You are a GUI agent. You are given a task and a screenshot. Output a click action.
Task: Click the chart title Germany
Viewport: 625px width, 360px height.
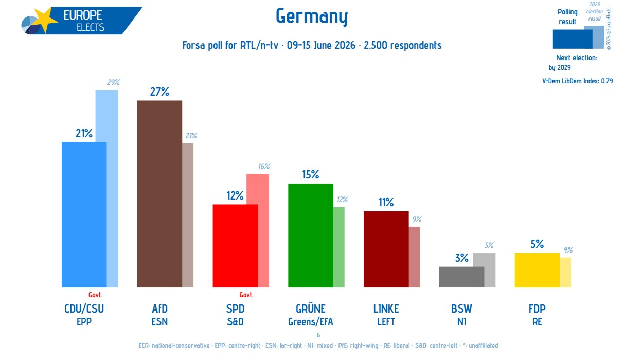pyautogui.click(x=312, y=16)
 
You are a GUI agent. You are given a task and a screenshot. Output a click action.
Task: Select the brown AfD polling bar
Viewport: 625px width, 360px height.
pyautogui.click(x=159, y=194)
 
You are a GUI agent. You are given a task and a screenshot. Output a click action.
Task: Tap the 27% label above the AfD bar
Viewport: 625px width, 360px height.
pyautogui.click(x=159, y=92)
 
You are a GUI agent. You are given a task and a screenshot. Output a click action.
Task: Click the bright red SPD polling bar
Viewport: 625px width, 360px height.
pyautogui.click(x=235, y=246)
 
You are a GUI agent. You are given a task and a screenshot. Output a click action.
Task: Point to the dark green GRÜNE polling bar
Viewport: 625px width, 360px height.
pyautogui.click(x=311, y=236)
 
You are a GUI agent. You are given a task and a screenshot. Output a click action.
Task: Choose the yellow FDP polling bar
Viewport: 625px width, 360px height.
pyautogui.click(x=537, y=270)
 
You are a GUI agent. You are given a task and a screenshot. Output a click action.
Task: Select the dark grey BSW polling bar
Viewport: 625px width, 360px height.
pyautogui.click(x=461, y=277)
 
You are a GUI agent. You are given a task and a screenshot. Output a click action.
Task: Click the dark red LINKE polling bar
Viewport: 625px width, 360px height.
pyautogui.click(x=386, y=249)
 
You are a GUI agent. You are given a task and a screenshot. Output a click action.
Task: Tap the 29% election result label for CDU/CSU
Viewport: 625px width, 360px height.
pyautogui.click(x=113, y=82)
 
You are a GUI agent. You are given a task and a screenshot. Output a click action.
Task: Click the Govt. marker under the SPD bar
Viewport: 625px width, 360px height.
pyautogui.click(x=246, y=295)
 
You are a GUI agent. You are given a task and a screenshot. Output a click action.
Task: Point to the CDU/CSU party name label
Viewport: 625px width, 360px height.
pyautogui.click(x=84, y=309)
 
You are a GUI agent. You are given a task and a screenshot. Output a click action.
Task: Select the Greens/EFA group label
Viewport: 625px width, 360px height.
pyautogui.click(x=311, y=322)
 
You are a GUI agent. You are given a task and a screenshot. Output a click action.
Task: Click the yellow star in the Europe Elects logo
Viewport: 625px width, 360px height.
pyautogui.click(x=45, y=20)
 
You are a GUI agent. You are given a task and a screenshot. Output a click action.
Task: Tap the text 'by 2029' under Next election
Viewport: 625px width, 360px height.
pyautogui.click(x=560, y=68)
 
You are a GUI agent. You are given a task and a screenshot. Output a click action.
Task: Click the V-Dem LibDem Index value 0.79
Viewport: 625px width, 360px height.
pyautogui.click(x=607, y=81)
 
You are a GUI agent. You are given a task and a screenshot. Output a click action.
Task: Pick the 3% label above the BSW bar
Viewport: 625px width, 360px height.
pyautogui.click(x=461, y=258)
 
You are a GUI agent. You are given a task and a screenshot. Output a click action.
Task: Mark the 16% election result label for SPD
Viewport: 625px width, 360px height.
pyautogui.click(x=264, y=166)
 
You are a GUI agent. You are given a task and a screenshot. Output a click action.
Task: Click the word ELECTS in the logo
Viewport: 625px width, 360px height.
pyautogui.click(x=91, y=27)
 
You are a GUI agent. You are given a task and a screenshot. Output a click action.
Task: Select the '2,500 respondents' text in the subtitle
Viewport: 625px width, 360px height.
pyautogui.click(x=403, y=45)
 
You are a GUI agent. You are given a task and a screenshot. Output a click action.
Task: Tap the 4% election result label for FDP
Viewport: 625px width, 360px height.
pyautogui.click(x=568, y=250)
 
